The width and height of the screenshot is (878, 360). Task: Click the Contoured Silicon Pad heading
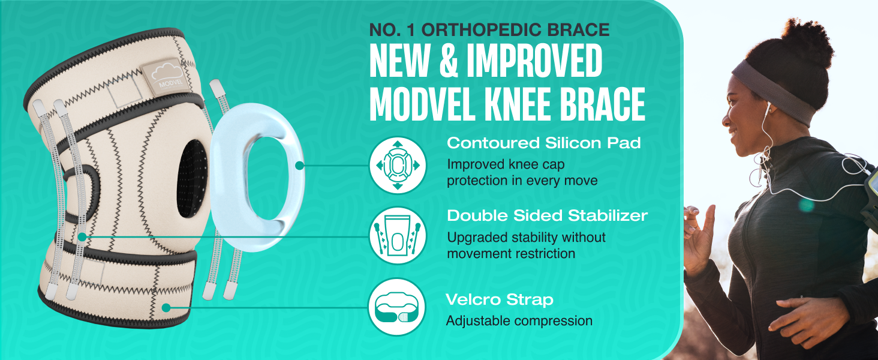(544, 143)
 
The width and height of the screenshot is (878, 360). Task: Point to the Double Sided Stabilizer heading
(547, 215)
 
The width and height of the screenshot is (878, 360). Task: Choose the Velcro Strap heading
(500, 299)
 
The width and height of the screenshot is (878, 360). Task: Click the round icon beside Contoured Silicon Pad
(398, 165)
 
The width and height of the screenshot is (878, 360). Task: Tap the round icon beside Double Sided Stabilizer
(398, 235)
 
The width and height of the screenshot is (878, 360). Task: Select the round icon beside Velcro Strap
(396, 307)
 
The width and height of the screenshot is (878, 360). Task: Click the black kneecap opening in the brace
(192, 179)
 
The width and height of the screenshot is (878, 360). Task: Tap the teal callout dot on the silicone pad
(299, 166)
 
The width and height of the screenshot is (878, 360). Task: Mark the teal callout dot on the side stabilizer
(82, 237)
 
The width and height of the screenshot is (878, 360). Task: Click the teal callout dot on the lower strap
(166, 307)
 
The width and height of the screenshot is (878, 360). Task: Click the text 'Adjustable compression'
(519, 321)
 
